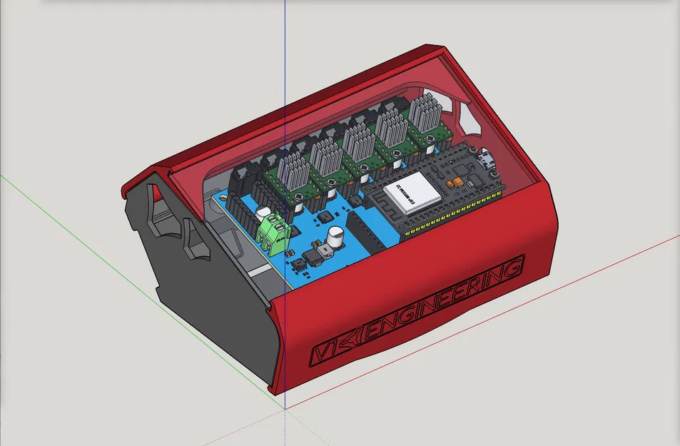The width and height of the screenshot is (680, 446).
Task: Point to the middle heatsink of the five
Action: (358, 138)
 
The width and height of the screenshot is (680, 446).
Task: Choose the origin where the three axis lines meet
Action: (285, 409)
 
